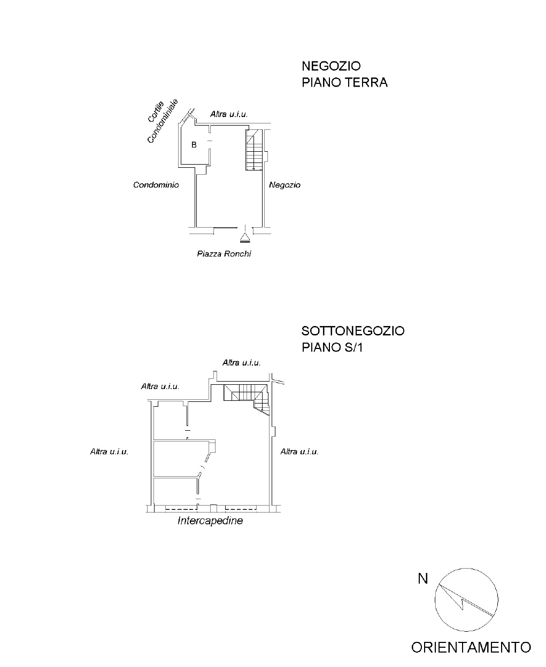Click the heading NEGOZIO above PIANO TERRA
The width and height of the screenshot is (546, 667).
coord(331,66)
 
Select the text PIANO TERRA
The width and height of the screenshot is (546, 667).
coord(344,82)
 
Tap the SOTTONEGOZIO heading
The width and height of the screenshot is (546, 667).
coord(353,331)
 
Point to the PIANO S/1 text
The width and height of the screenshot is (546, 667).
coord(332,347)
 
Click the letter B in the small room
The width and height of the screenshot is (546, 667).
coord(194,144)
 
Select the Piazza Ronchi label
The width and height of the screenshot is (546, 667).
coord(224,254)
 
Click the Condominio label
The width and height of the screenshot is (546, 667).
coord(156,185)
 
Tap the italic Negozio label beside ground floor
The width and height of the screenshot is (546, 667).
coord(284,185)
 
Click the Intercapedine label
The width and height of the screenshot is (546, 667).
coord(210,521)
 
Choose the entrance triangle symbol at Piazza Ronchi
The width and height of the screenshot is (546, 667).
coord(245,237)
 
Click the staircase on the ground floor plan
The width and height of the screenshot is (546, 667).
coord(255,150)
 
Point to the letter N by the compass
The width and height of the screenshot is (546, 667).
coord(423,579)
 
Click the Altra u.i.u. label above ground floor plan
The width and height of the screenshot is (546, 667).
coord(229,114)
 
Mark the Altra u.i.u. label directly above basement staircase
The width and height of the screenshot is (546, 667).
coord(242,362)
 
